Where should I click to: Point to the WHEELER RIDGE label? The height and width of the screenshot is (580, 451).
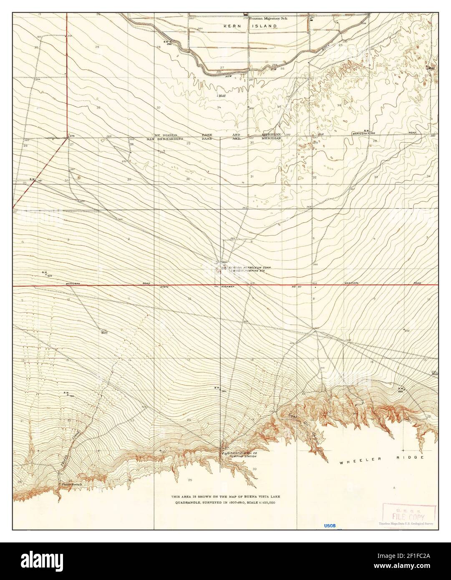[x=381, y=457]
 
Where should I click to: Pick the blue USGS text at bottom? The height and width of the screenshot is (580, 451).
[x=330, y=526]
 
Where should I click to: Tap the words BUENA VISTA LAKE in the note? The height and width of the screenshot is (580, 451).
[x=260, y=497]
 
